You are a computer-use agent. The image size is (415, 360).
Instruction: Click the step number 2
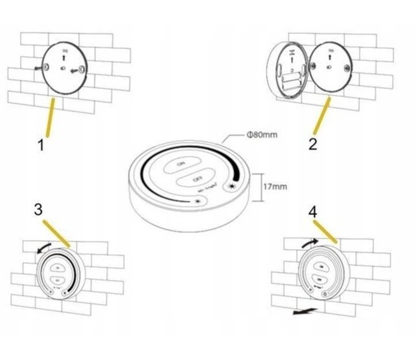[x=313, y=145]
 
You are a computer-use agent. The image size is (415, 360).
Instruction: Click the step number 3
[x=38, y=210]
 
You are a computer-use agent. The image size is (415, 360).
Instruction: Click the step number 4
[x=313, y=211]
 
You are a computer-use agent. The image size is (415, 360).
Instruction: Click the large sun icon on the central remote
[x=231, y=187]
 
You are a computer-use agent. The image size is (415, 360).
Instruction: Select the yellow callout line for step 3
[x=56, y=232]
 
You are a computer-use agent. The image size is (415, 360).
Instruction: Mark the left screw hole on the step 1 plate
[x=47, y=67]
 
